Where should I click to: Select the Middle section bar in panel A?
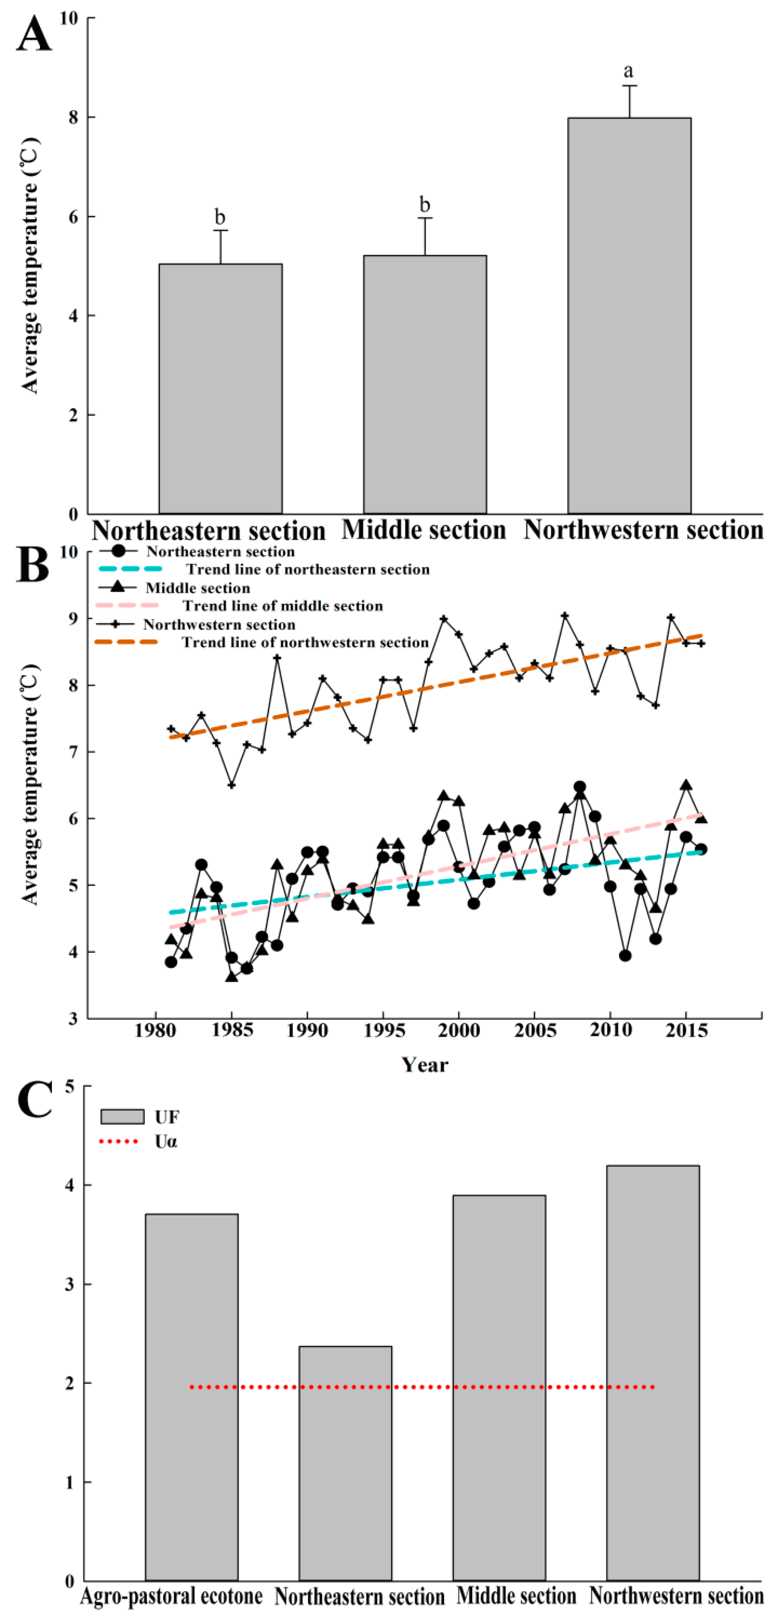click(x=425, y=384)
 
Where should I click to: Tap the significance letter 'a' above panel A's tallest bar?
click(x=628, y=71)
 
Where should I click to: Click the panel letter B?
click(x=33, y=564)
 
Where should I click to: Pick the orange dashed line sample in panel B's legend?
click(x=126, y=642)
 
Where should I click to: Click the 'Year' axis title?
click(x=425, y=1065)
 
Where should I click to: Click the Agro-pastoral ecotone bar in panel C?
click(x=191, y=1397)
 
